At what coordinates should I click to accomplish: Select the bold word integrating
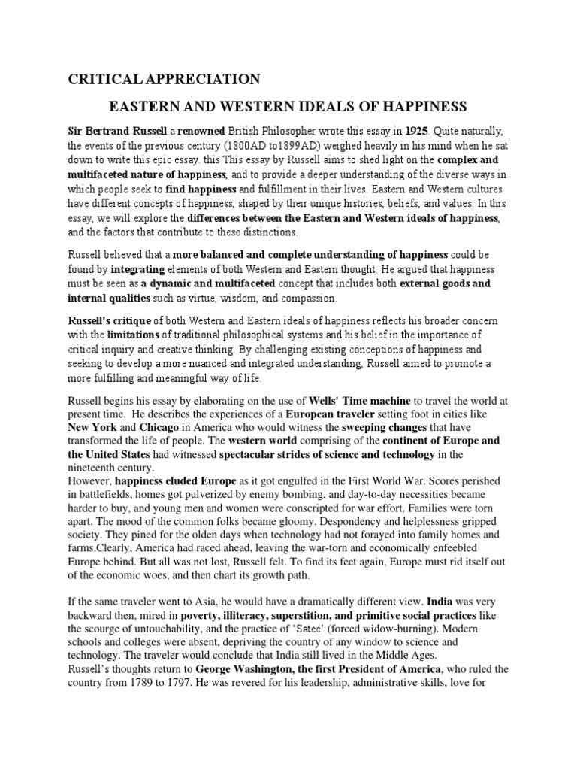coord(138,268)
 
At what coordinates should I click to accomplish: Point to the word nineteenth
coord(93,467)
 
